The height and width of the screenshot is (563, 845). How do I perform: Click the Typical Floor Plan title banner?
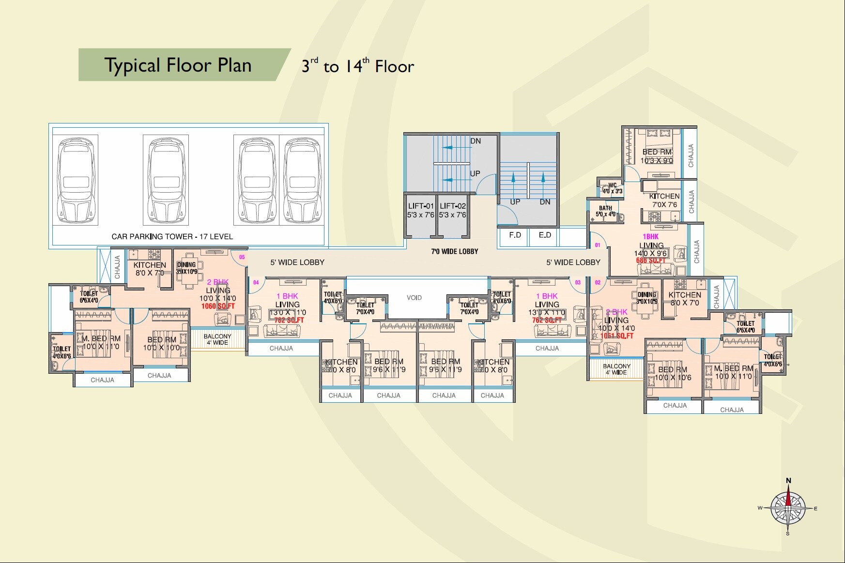(178, 65)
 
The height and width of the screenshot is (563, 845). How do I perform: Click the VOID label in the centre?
(414, 298)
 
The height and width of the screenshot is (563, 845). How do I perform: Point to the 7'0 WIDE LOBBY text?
(454, 251)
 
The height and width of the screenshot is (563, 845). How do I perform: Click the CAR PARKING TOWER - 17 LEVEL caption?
(172, 237)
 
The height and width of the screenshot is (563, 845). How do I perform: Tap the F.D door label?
(515, 235)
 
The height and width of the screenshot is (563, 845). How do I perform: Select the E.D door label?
(545, 235)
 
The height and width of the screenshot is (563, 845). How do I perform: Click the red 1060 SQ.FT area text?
(218, 306)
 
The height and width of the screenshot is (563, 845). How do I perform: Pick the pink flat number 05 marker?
(242, 257)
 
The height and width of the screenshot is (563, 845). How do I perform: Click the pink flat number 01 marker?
(598, 245)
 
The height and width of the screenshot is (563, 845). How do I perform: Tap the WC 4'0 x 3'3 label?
(612, 188)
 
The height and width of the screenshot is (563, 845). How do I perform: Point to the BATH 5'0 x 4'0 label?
(605, 211)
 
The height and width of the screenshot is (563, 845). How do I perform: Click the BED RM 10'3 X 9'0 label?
(657, 156)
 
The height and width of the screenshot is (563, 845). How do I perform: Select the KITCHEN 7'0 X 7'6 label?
(664, 200)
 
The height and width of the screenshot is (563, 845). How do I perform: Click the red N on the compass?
(788, 481)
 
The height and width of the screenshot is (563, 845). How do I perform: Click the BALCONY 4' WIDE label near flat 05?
(217, 339)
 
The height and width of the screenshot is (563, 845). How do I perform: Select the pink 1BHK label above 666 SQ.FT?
(650, 237)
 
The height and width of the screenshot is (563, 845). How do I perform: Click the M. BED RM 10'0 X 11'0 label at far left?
(101, 342)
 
